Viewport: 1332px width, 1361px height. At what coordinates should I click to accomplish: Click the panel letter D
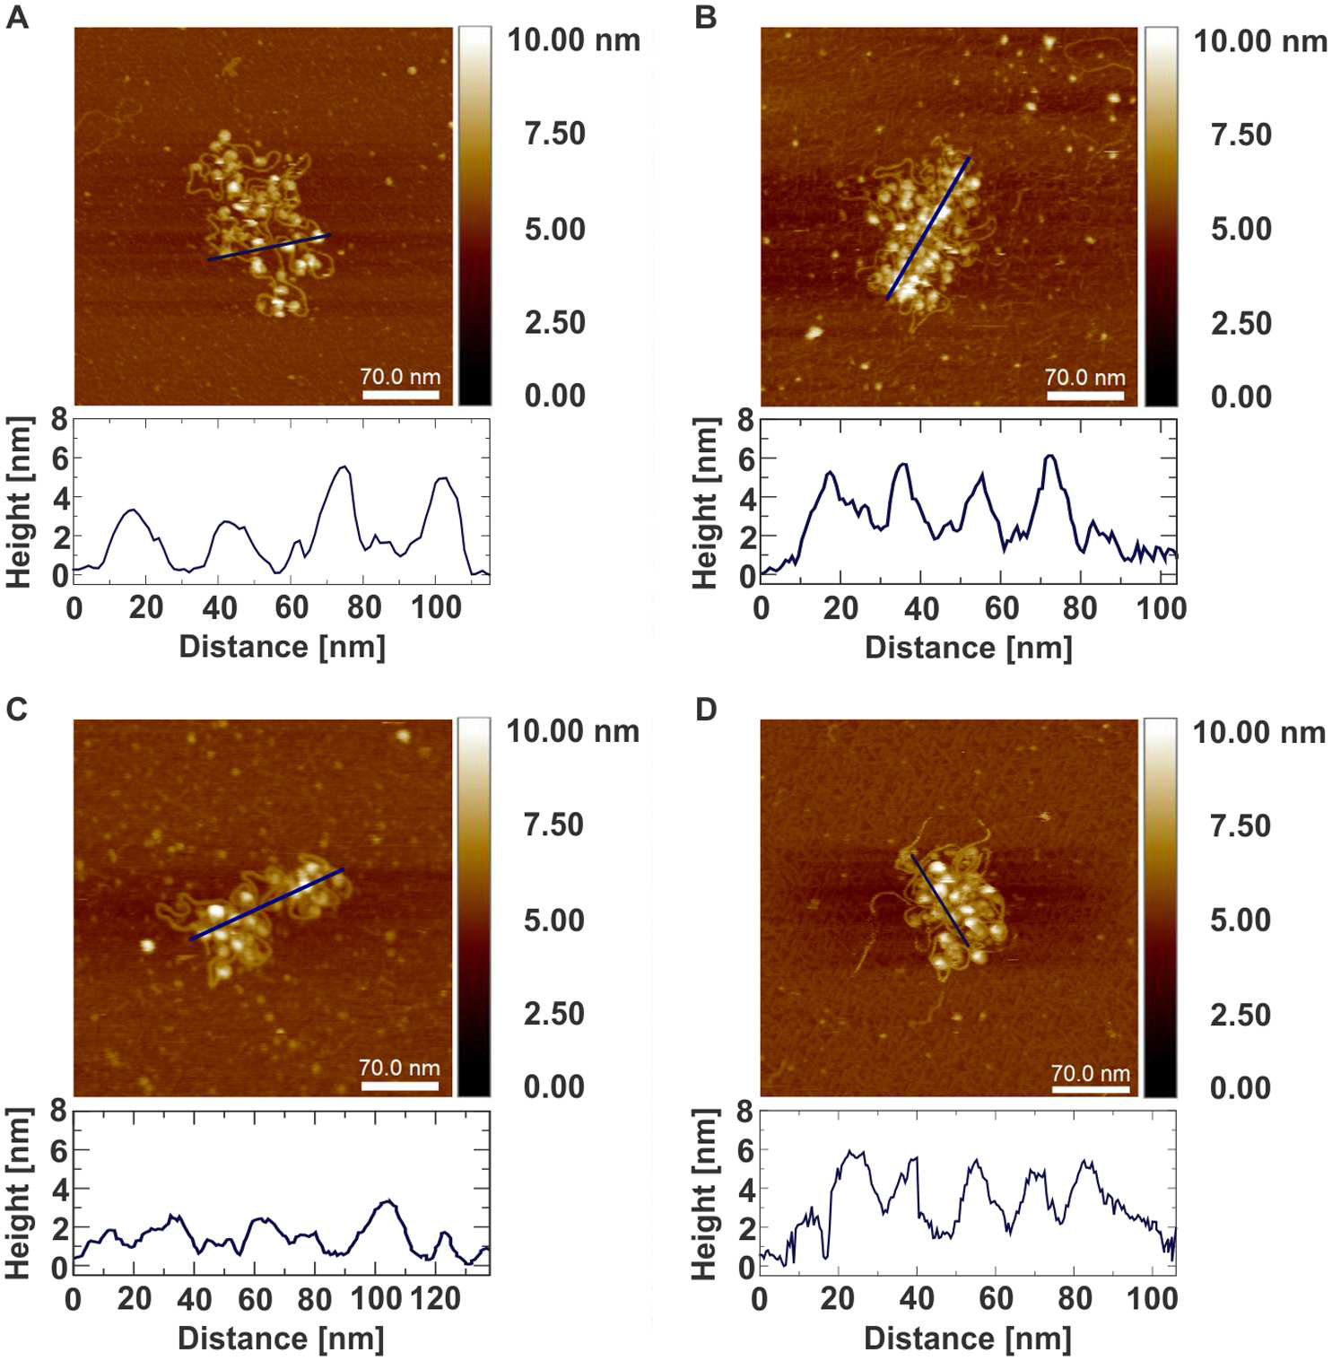click(x=706, y=710)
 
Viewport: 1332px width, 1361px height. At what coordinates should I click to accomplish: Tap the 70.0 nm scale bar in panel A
click(x=400, y=394)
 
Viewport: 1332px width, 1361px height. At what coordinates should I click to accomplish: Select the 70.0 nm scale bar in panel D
click(x=1090, y=1089)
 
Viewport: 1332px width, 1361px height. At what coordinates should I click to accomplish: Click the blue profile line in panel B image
click(x=927, y=229)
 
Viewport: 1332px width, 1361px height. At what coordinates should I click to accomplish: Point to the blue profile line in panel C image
click(x=266, y=904)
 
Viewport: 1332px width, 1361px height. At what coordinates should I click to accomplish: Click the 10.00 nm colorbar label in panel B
click(x=1259, y=41)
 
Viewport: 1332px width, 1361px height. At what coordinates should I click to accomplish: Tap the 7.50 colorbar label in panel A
click(x=554, y=134)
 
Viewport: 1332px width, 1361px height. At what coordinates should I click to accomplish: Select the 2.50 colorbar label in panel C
click(x=553, y=1014)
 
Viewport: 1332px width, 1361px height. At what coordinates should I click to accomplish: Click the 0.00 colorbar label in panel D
click(x=1240, y=1087)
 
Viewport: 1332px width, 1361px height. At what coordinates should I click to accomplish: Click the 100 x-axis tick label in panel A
click(x=436, y=607)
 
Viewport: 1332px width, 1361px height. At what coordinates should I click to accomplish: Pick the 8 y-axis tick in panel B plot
click(x=745, y=419)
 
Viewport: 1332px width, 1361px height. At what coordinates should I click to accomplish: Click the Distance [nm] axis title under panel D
click(x=967, y=1339)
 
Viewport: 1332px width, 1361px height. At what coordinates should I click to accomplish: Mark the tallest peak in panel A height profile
click(x=343, y=467)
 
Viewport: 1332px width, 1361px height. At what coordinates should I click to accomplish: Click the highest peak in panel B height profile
click(x=1050, y=456)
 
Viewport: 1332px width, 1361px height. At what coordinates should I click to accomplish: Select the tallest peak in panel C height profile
click(x=387, y=1200)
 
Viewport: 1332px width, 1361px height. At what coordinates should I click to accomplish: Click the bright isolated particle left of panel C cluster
click(x=148, y=945)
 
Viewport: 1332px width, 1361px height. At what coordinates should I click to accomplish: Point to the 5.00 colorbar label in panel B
click(x=1241, y=229)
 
